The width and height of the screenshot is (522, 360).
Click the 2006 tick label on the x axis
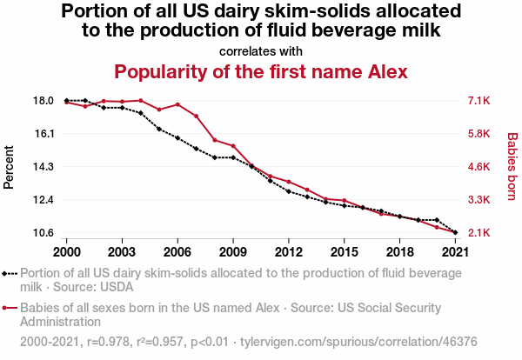(177, 251)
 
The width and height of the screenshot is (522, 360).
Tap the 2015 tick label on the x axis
(345, 251)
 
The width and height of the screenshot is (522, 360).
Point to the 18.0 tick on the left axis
(44, 101)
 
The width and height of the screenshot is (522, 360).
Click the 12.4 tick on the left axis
(44, 200)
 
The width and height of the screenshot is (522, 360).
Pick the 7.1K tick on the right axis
(479, 101)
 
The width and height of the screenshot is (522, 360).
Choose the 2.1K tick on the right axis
(479, 233)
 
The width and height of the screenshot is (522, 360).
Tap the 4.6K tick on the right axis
(479, 167)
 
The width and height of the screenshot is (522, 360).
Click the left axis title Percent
(10, 166)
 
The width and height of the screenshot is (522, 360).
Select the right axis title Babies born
(512, 166)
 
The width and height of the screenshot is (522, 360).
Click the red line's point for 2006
(177, 104)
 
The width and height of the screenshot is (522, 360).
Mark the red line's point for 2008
(215, 140)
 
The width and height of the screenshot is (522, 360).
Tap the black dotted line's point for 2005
(159, 129)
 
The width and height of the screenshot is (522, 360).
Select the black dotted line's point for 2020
(437, 220)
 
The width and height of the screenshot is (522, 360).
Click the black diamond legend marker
(6, 273)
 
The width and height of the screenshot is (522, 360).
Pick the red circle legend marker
(6, 308)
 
